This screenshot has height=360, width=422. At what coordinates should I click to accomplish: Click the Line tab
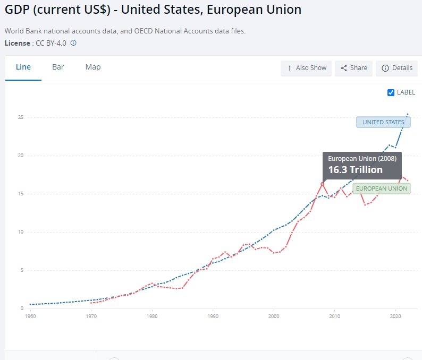[x=23, y=67]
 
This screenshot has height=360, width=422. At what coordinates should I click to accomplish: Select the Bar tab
[x=58, y=67]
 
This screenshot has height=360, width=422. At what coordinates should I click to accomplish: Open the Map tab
[x=93, y=67]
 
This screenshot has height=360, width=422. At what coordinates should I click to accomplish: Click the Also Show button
[x=306, y=68]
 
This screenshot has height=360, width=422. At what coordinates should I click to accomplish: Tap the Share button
[x=354, y=68]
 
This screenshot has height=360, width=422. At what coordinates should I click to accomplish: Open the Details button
[x=397, y=68]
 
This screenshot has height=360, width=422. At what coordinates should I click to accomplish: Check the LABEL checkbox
[x=392, y=92]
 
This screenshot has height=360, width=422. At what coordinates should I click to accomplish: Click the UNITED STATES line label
[x=383, y=122]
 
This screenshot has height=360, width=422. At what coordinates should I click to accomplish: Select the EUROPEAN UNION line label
[x=382, y=188]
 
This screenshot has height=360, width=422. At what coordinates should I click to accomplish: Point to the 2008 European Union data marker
[x=322, y=184]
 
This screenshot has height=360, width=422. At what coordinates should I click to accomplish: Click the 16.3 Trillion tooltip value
[x=355, y=170]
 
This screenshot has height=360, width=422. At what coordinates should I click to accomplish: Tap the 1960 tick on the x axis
[x=30, y=316]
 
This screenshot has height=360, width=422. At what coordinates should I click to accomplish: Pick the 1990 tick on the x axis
[x=213, y=316]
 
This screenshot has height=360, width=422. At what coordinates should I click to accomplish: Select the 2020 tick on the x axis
[x=395, y=316]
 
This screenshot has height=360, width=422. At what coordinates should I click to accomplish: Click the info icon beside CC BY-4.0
[x=73, y=43]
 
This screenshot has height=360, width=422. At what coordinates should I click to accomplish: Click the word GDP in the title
[x=17, y=10]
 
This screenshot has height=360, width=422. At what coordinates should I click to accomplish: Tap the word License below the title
[x=18, y=43]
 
